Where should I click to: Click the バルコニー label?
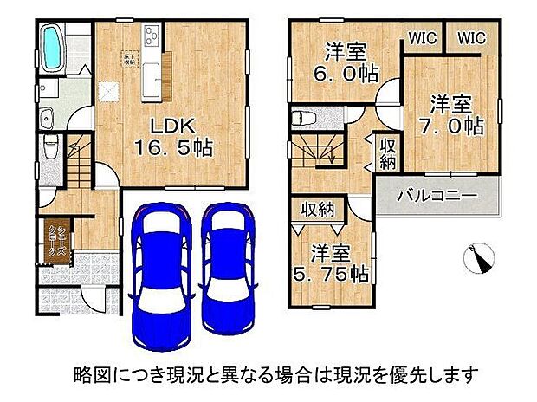tap(437, 198)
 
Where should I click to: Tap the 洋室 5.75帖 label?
tap(339, 263)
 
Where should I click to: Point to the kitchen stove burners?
tap(152, 36)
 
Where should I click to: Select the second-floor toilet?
tap(305, 117)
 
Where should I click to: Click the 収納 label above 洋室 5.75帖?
tap(317, 209)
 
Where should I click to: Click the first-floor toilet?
tap(49, 147)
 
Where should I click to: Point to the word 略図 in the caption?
tap(86, 375)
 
